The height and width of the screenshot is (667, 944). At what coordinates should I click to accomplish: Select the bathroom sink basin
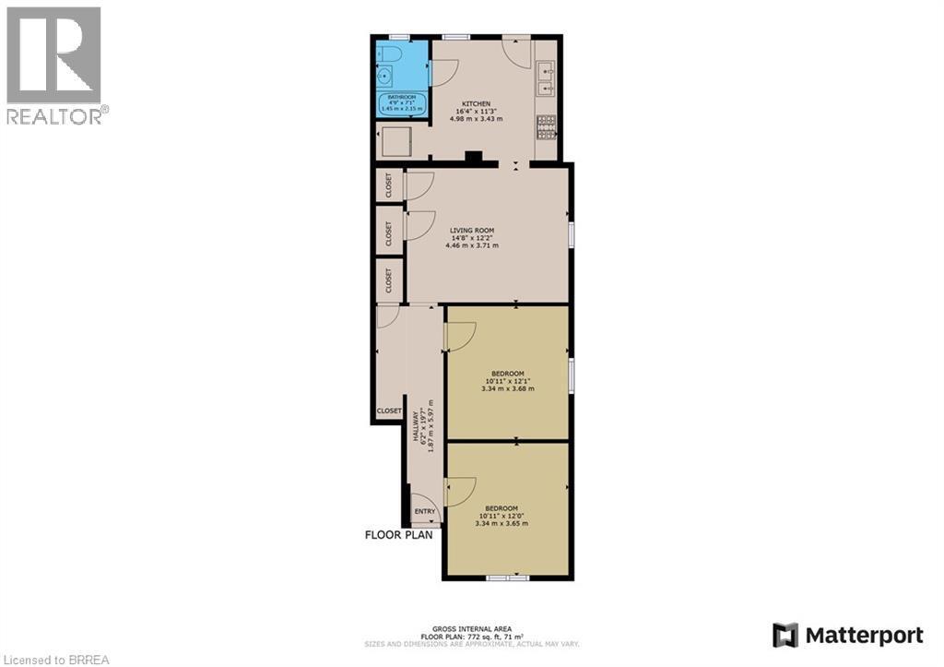[x=385, y=75]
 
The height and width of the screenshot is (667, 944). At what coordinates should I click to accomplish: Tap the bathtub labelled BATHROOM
[x=402, y=103]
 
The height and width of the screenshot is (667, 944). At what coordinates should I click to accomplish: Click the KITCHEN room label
[x=476, y=103]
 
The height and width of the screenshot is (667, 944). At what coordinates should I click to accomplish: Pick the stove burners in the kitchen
[x=546, y=126]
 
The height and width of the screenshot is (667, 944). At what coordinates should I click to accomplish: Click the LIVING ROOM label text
[x=472, y=231]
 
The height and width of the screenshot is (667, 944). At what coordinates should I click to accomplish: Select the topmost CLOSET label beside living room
[x=389, y=185]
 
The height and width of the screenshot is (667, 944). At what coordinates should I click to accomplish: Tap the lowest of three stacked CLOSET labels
[x=389, y=280]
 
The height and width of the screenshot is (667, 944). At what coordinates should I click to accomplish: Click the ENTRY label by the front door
[x=425, y=512]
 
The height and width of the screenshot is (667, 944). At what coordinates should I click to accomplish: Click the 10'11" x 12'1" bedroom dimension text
[x=507, y=381]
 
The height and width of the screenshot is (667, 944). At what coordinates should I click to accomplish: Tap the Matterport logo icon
[x=785, y=635]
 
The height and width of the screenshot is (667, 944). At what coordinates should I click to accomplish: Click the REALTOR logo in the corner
[x=53, y=65]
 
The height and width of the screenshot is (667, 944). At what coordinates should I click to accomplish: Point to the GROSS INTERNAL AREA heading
[x=471, y=628]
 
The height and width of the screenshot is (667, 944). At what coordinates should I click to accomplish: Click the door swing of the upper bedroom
[x=460, y=337]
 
